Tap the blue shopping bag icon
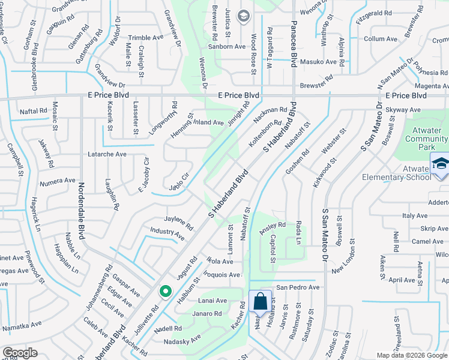(260, 301)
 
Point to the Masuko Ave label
(318, 62)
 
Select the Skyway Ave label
(403, 110)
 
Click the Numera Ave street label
(57, 181)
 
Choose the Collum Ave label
(381, 39)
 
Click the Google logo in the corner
(20, 353)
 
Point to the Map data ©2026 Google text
(412, 355)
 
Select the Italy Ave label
(415, 215)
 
